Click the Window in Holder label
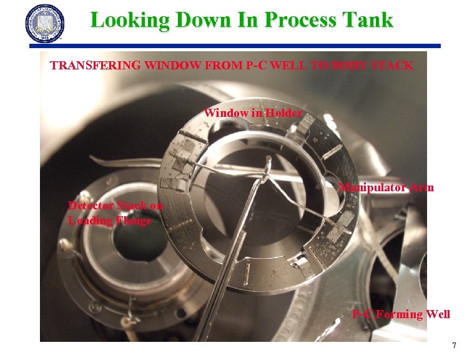click(253, 113)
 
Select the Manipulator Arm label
click(386, 187)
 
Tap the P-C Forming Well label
click(401, 314)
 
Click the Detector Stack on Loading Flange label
click(116, 212)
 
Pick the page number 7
click(454, 346)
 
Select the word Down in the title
click(198, 20)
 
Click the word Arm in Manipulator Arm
click(422, 187)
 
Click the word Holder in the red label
click(283, 113)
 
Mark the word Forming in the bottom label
click(399, 314)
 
